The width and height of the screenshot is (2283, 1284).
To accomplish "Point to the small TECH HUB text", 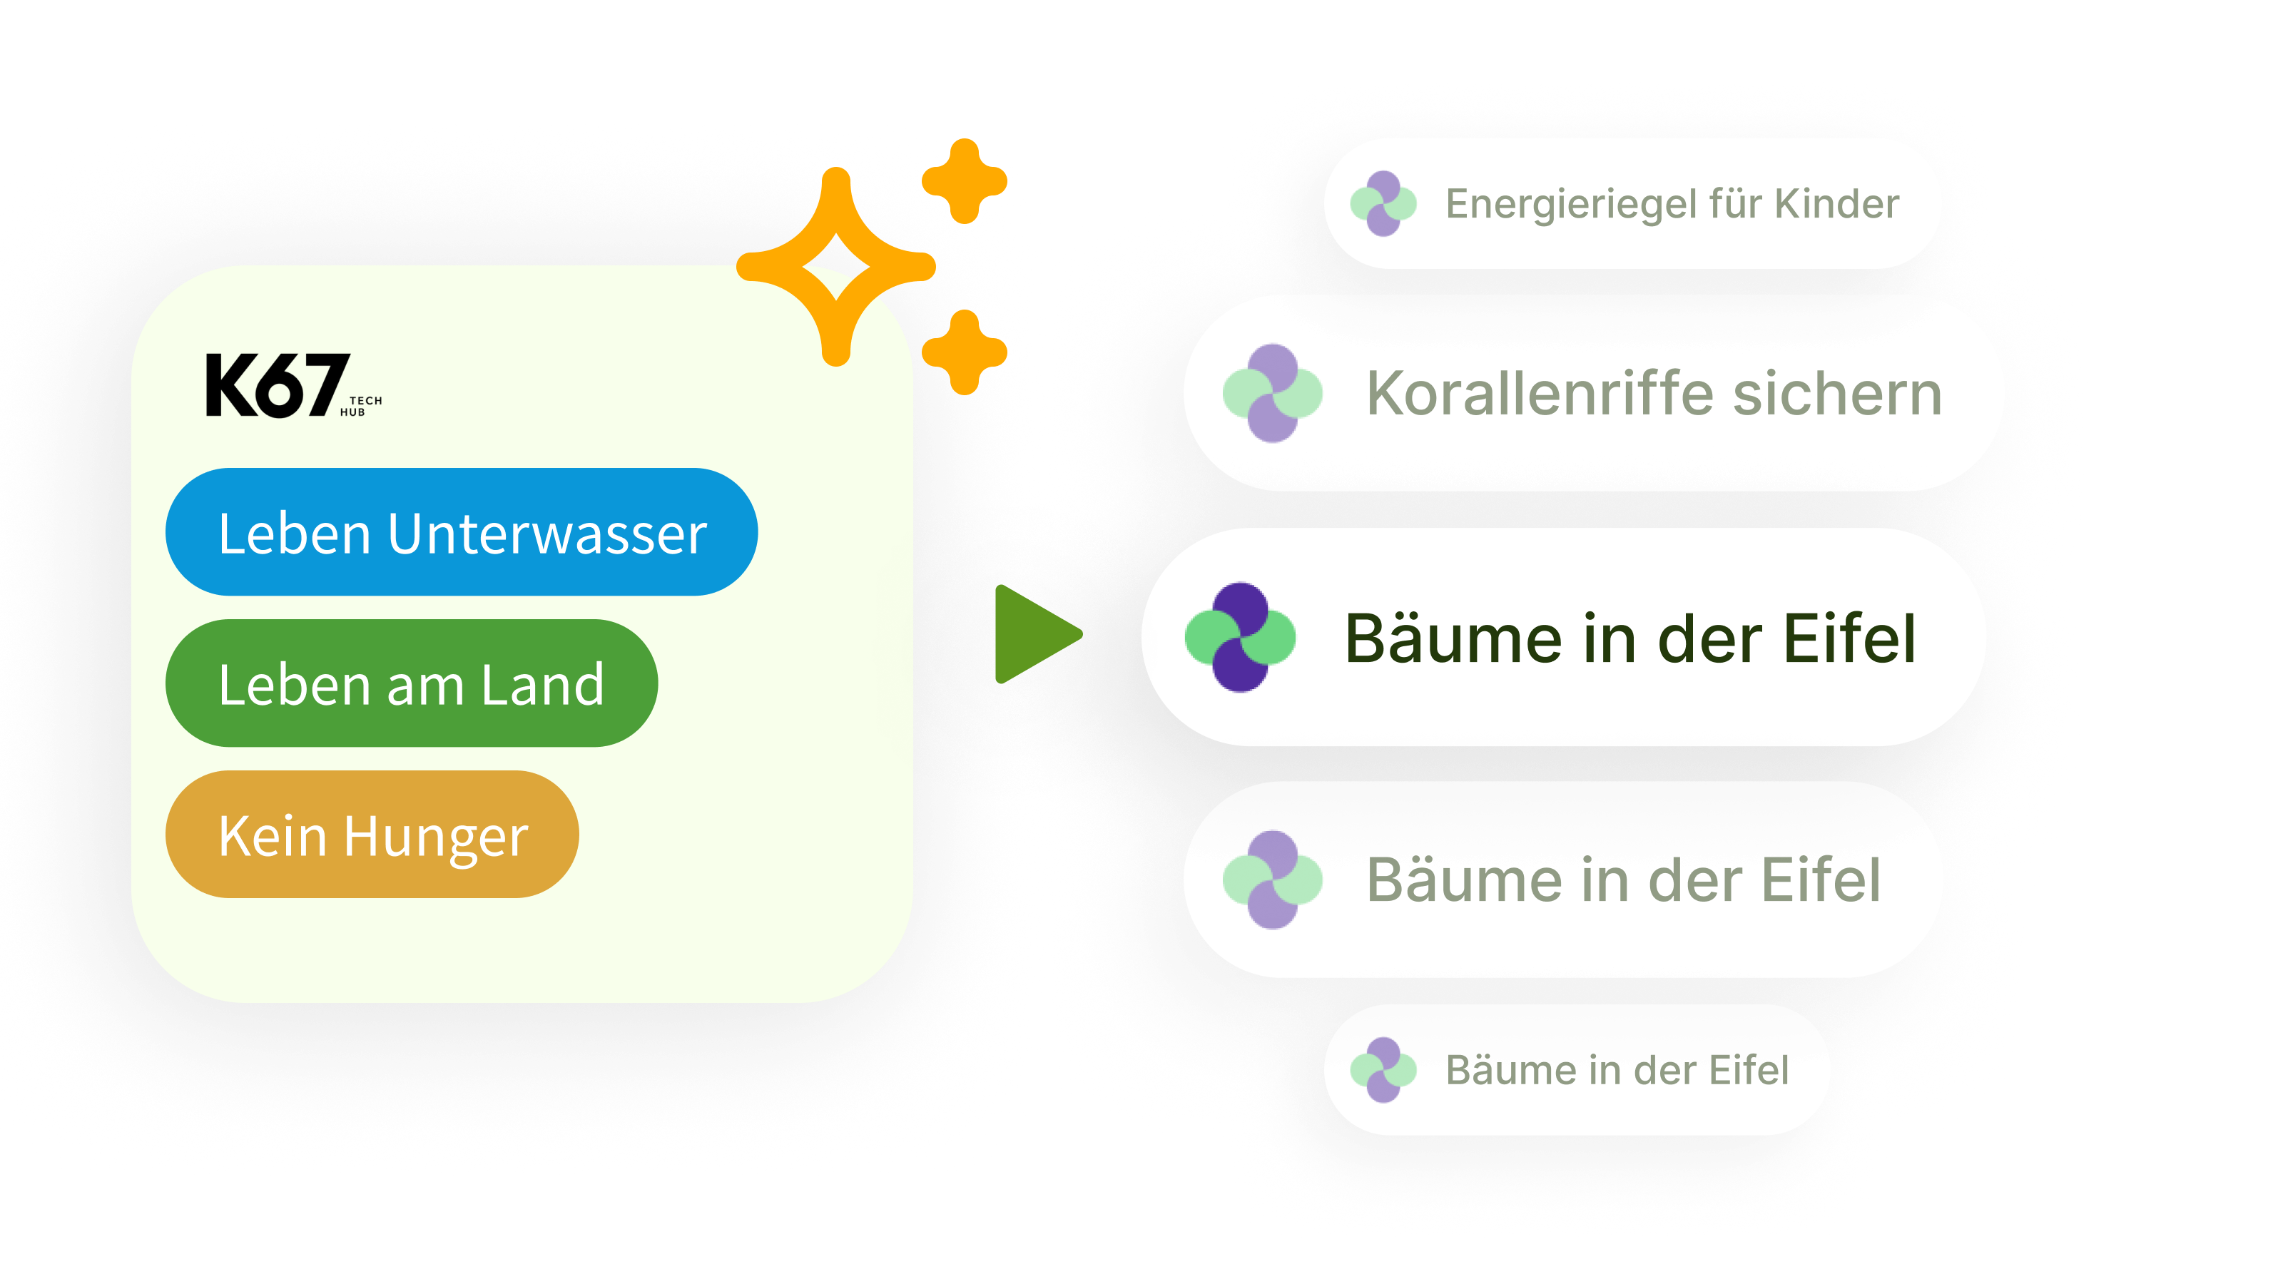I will pyautogui.click(x=362, y=406).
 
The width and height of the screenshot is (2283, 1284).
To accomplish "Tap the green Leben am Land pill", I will pyautogui.click(x=411, y=683).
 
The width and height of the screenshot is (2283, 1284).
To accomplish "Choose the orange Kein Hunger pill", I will pyautogui.click(x=372, y=835).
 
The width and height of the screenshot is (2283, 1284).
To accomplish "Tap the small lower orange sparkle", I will pyautogui.click(x=965, y=352).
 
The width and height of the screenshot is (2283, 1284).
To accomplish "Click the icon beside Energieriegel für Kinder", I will pyautogui.click(x=1383, y=204).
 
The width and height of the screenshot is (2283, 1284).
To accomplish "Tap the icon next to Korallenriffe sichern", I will pyautogui.click(x=1273, y=392).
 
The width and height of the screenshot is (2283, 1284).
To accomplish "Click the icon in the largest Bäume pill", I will pyautogui.click(x=1240, y=637).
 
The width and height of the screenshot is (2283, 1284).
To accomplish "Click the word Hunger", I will pyautogui.click(x=435, y=837).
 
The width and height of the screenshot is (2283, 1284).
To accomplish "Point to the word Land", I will pyautogui.click(x=542, y=684).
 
